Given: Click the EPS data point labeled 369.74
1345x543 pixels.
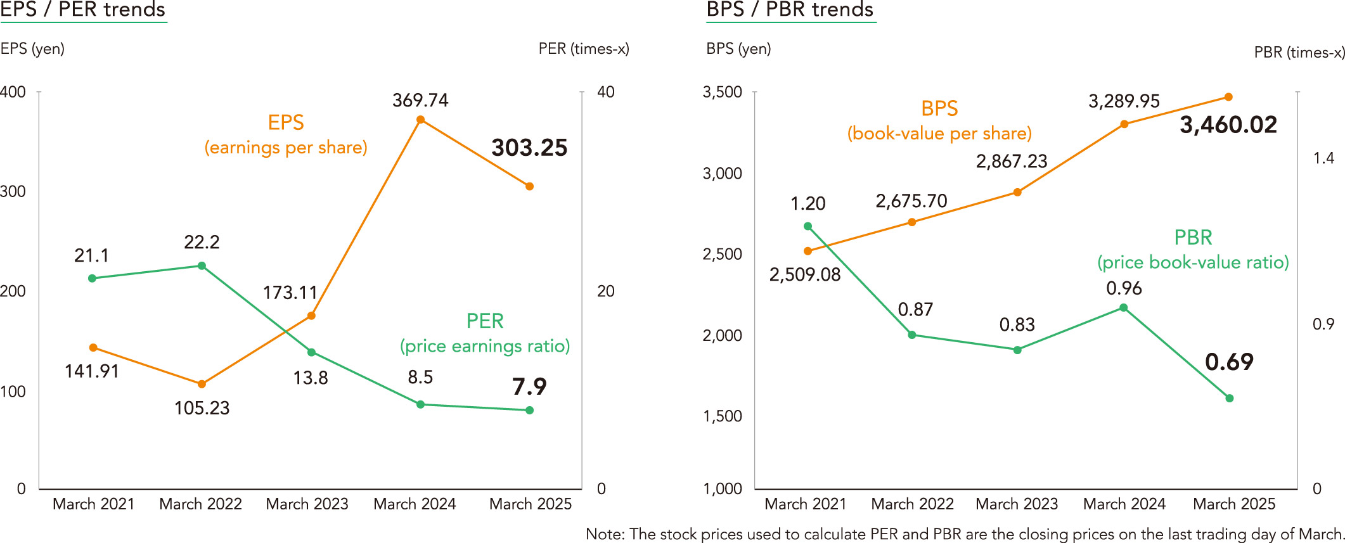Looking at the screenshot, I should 420,120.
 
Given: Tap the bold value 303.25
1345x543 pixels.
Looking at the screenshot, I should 529,148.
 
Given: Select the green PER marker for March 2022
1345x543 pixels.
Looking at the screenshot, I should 202,265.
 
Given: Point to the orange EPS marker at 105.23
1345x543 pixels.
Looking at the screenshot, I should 202,384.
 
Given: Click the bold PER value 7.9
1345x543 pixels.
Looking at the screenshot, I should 529,386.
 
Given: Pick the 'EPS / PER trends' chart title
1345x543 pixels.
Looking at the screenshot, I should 83,10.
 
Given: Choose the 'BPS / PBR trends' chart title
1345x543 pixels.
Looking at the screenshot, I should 790,10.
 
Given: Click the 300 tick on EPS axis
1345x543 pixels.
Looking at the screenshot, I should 13,191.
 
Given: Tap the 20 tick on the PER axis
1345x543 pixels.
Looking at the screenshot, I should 605,291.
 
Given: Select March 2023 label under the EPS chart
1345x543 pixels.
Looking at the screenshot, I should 307,504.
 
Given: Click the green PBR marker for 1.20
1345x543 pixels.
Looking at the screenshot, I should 808,226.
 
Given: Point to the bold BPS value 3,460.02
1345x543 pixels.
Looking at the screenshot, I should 1228,125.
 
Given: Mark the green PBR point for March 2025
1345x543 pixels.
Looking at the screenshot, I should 1230,399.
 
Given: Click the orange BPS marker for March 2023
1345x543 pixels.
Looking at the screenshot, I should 1017,192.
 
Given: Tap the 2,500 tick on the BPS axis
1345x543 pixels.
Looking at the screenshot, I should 722,254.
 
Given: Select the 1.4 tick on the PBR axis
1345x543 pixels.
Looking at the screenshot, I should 1323,158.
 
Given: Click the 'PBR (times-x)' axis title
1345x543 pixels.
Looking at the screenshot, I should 1299,53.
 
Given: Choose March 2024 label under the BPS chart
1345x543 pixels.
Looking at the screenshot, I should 1124,504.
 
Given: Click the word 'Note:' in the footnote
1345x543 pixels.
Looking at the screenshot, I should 605,534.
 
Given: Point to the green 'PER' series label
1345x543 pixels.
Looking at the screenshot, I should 485,321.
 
